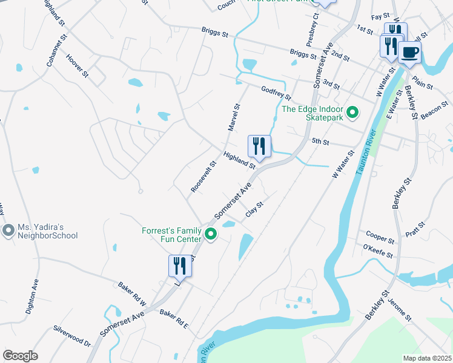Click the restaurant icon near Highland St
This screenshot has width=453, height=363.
(x=259, y=146)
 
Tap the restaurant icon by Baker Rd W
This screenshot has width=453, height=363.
(x=180, y=266)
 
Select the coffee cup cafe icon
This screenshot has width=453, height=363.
(x=410, y=52)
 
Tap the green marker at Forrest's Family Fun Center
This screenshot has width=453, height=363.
(x=211, y=234)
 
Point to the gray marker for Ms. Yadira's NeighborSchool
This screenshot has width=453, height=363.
(x=8, y=231)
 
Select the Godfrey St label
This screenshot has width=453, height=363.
(x=276, y=93)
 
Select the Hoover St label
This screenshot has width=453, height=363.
(x=77, y=65)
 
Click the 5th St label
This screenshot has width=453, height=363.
(x=320, y=142)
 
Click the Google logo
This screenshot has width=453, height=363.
(x=20, y=356)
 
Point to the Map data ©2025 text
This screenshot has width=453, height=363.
(x=426, y=358)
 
